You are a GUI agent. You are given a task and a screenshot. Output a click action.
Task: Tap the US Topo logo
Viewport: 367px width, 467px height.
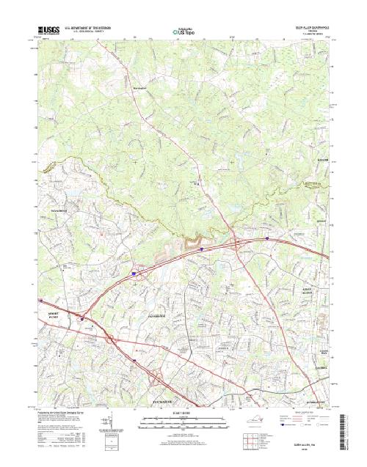pyautogui.click(x=183, y=32)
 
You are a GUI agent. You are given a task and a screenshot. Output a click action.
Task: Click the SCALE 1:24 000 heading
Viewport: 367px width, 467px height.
pyautogui.click(x=183, y=412)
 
